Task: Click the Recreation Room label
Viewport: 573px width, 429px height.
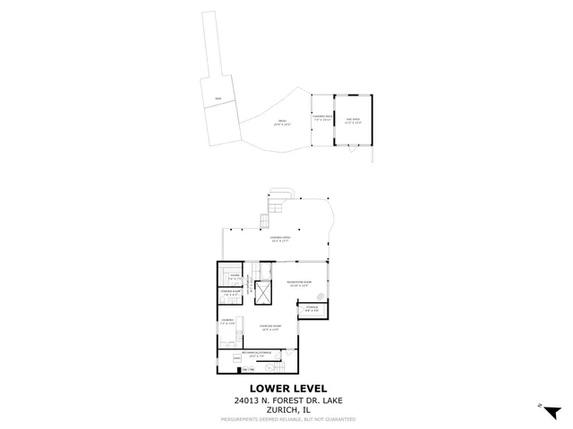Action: (x=298, y=283)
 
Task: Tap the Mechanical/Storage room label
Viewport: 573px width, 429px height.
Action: (x=255, y=353)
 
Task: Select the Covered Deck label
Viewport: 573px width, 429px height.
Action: (x=321, y=119)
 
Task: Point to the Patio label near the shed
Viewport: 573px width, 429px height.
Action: (x=282, y=122)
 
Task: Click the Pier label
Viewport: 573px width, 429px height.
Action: (x=217, y=97)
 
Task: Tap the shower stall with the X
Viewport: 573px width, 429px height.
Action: (x=264, y=291)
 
